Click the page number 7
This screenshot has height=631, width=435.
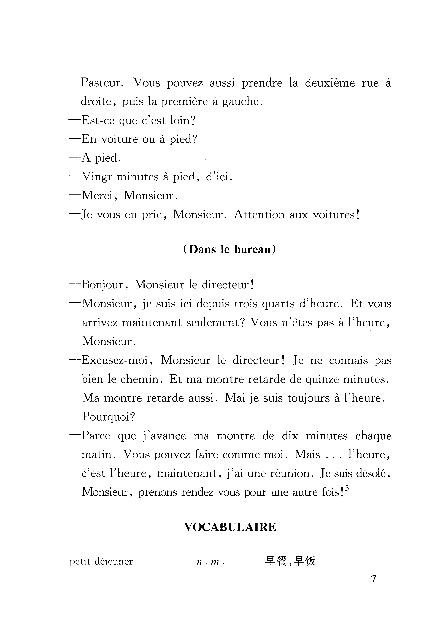373,579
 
